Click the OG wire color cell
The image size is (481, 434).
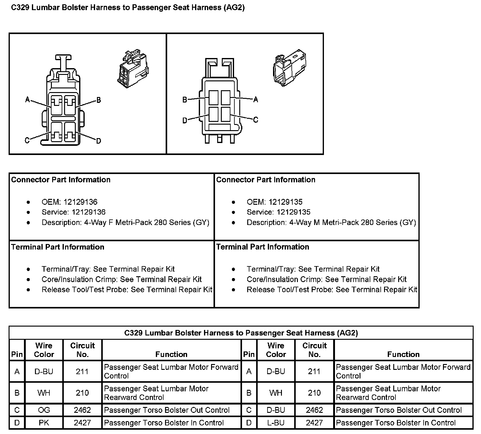click(x=44, y=410)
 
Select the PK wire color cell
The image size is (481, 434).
click(x=44, y=423)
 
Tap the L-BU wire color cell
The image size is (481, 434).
click(x=276, y=423)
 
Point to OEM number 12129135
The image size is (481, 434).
click(x=285, y=202)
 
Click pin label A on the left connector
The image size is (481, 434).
click(x=28, y=99)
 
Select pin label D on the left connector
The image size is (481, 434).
click(x=98, y=141)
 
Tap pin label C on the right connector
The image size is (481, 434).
click(x=256, y=120)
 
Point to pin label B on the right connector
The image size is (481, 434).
click(x=185, y=100)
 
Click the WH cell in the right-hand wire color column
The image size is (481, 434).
click(x=276, y=393)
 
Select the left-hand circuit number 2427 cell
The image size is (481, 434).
click(x=82, y=423)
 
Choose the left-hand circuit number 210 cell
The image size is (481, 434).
click(x=82, y=393)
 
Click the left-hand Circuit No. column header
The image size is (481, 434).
click(x=82, y=350)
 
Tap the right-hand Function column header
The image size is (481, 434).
click(x=403, y=354)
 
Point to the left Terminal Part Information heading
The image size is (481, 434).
click(x=58, y=247)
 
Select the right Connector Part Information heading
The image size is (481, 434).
click(x=266, y=180)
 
